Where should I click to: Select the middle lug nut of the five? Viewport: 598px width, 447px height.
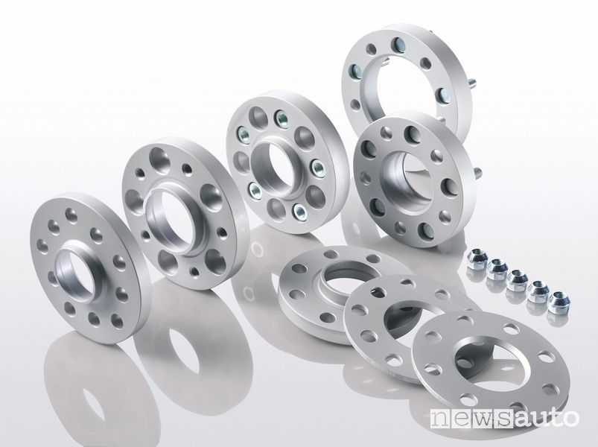(x=516, y=280)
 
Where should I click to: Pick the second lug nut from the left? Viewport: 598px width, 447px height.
(x=496, y=270)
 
